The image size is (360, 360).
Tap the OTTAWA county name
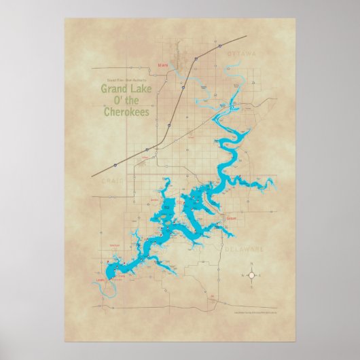pos(242,53)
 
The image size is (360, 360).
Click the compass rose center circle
pos(252,276)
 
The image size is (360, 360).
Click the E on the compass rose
pos(259,276)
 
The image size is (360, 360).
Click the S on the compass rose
pos(252,283)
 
